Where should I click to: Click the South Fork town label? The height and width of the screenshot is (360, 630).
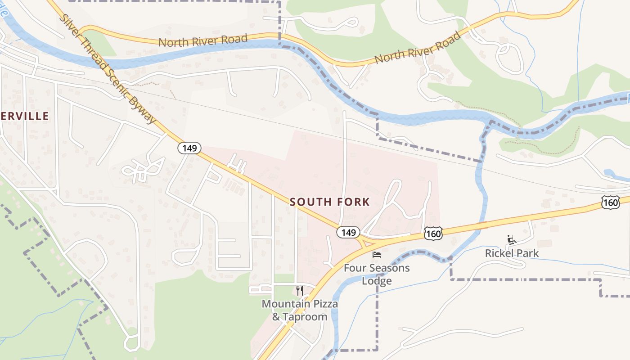[330, 202]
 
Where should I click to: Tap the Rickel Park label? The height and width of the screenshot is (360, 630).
[512, 253]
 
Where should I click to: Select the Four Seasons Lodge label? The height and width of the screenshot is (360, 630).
[377, 274]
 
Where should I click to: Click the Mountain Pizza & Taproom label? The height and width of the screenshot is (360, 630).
[300, 310]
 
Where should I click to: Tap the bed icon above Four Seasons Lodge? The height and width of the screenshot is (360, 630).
[377, 255]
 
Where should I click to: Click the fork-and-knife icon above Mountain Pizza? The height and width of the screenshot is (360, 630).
[300, 291]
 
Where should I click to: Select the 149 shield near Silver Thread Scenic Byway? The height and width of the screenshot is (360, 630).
[189, 148]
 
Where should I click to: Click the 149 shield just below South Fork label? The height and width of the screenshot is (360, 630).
[348, 233]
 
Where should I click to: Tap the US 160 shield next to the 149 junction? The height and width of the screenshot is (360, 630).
[433, 234]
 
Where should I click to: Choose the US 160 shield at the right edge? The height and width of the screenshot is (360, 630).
[610, 203]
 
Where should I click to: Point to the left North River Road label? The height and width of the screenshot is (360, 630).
[203, 41]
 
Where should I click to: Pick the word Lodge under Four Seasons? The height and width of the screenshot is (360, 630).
[377, 281]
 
